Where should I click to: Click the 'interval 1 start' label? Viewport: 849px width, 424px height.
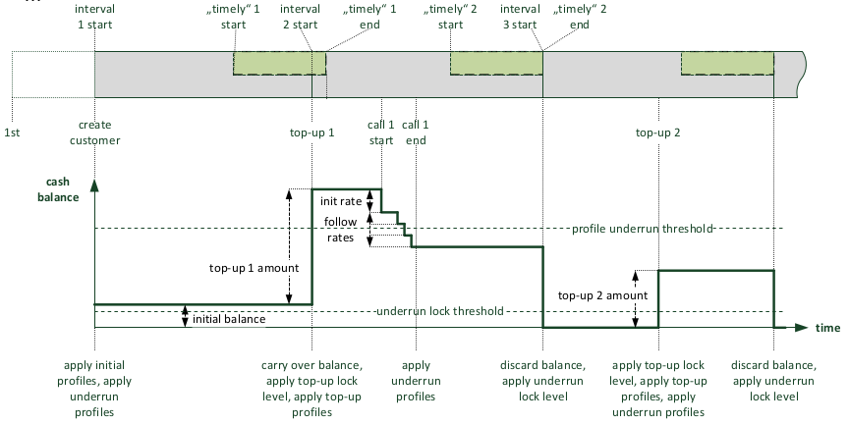(x=94, y=17)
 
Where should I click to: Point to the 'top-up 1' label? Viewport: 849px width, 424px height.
(x=311, y=132)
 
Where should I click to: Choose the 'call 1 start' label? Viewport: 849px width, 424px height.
(x=381, y=132)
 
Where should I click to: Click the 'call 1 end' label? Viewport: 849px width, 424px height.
(x=416, y=132)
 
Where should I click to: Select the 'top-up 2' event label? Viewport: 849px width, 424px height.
(x=657, y=132)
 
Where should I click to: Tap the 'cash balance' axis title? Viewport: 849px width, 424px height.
(x=63, y=189)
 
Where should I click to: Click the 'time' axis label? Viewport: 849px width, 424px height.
(x=827, y=327)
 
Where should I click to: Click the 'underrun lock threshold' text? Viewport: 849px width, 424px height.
(x=439, y=311)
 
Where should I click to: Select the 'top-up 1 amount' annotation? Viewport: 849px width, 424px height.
(x=246, y=266)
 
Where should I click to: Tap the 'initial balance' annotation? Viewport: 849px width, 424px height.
(x=228, y=318)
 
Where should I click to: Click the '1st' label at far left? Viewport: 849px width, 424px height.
(x=12, y=132)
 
